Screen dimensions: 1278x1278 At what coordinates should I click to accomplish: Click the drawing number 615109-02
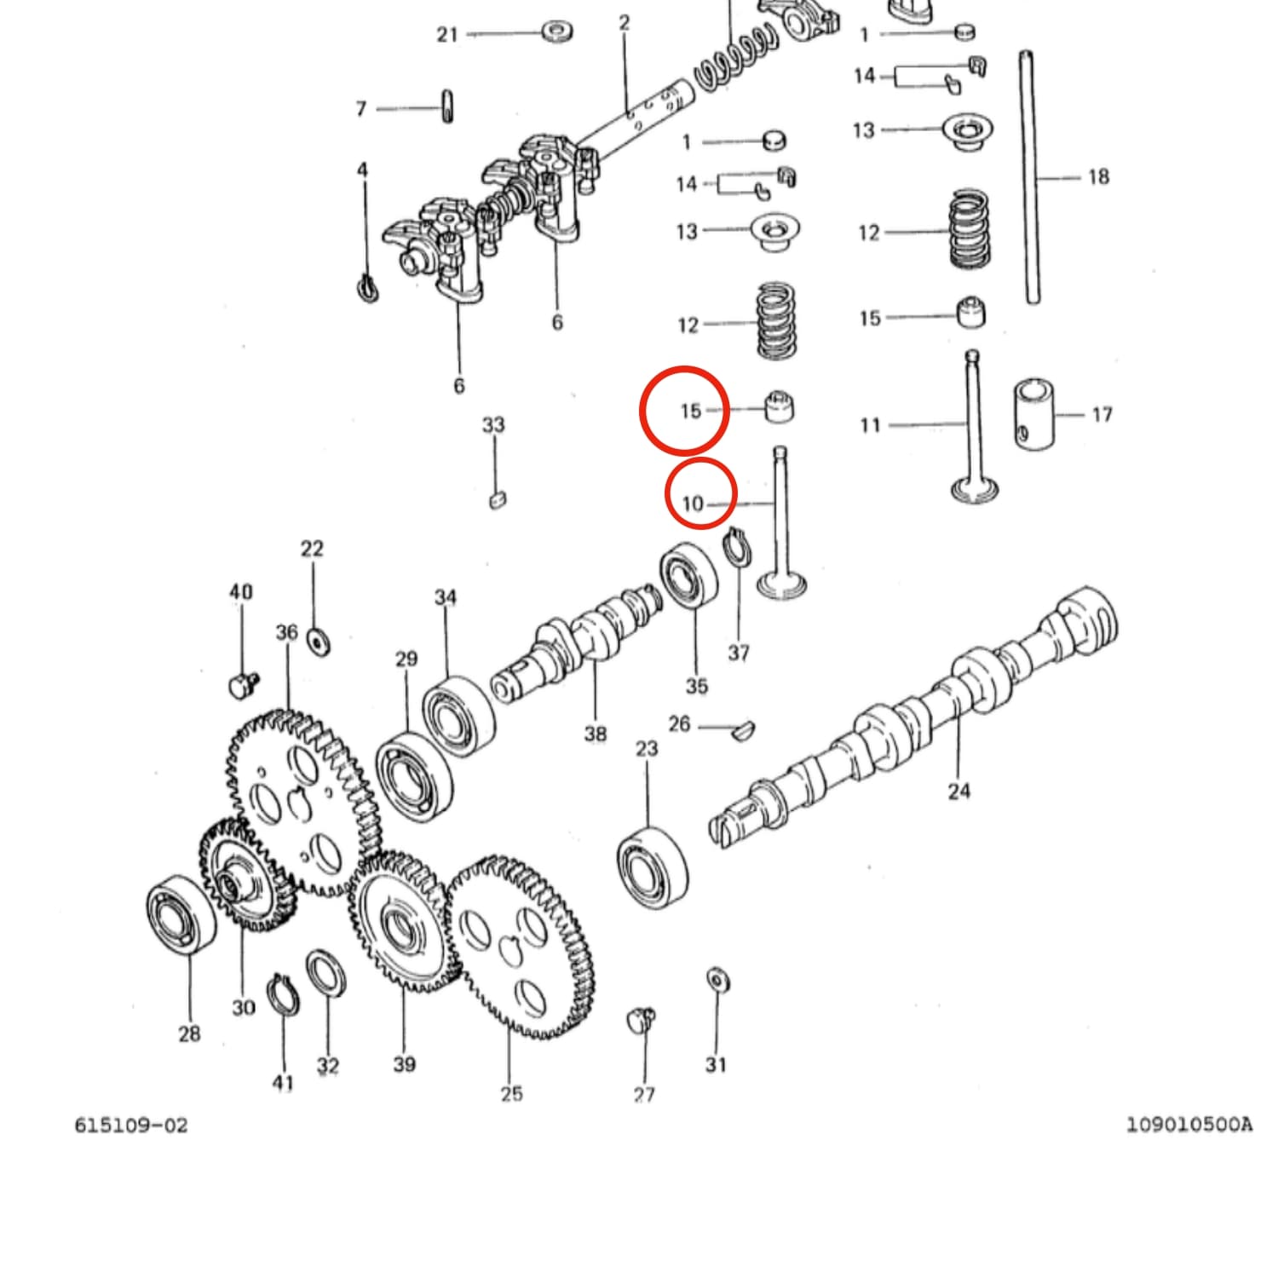(130, 1125)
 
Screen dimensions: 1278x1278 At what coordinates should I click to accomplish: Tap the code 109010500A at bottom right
(1189, 1125)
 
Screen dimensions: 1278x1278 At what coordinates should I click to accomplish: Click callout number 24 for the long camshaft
(958, 791)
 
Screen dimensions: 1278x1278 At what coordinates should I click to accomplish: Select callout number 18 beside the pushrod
(1098, 176)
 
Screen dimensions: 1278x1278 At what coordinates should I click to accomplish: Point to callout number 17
(1102, 414)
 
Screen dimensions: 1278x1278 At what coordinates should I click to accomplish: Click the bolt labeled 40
(243, 683)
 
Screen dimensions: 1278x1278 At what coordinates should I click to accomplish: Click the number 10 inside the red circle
(693, 504)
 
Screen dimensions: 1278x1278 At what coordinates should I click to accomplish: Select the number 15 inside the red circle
(690, 411)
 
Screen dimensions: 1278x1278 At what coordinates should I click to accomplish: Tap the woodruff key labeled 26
(742, 729)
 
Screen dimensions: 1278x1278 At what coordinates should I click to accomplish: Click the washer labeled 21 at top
(557, 32)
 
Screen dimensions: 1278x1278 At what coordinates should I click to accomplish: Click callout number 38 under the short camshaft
(595, 733)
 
